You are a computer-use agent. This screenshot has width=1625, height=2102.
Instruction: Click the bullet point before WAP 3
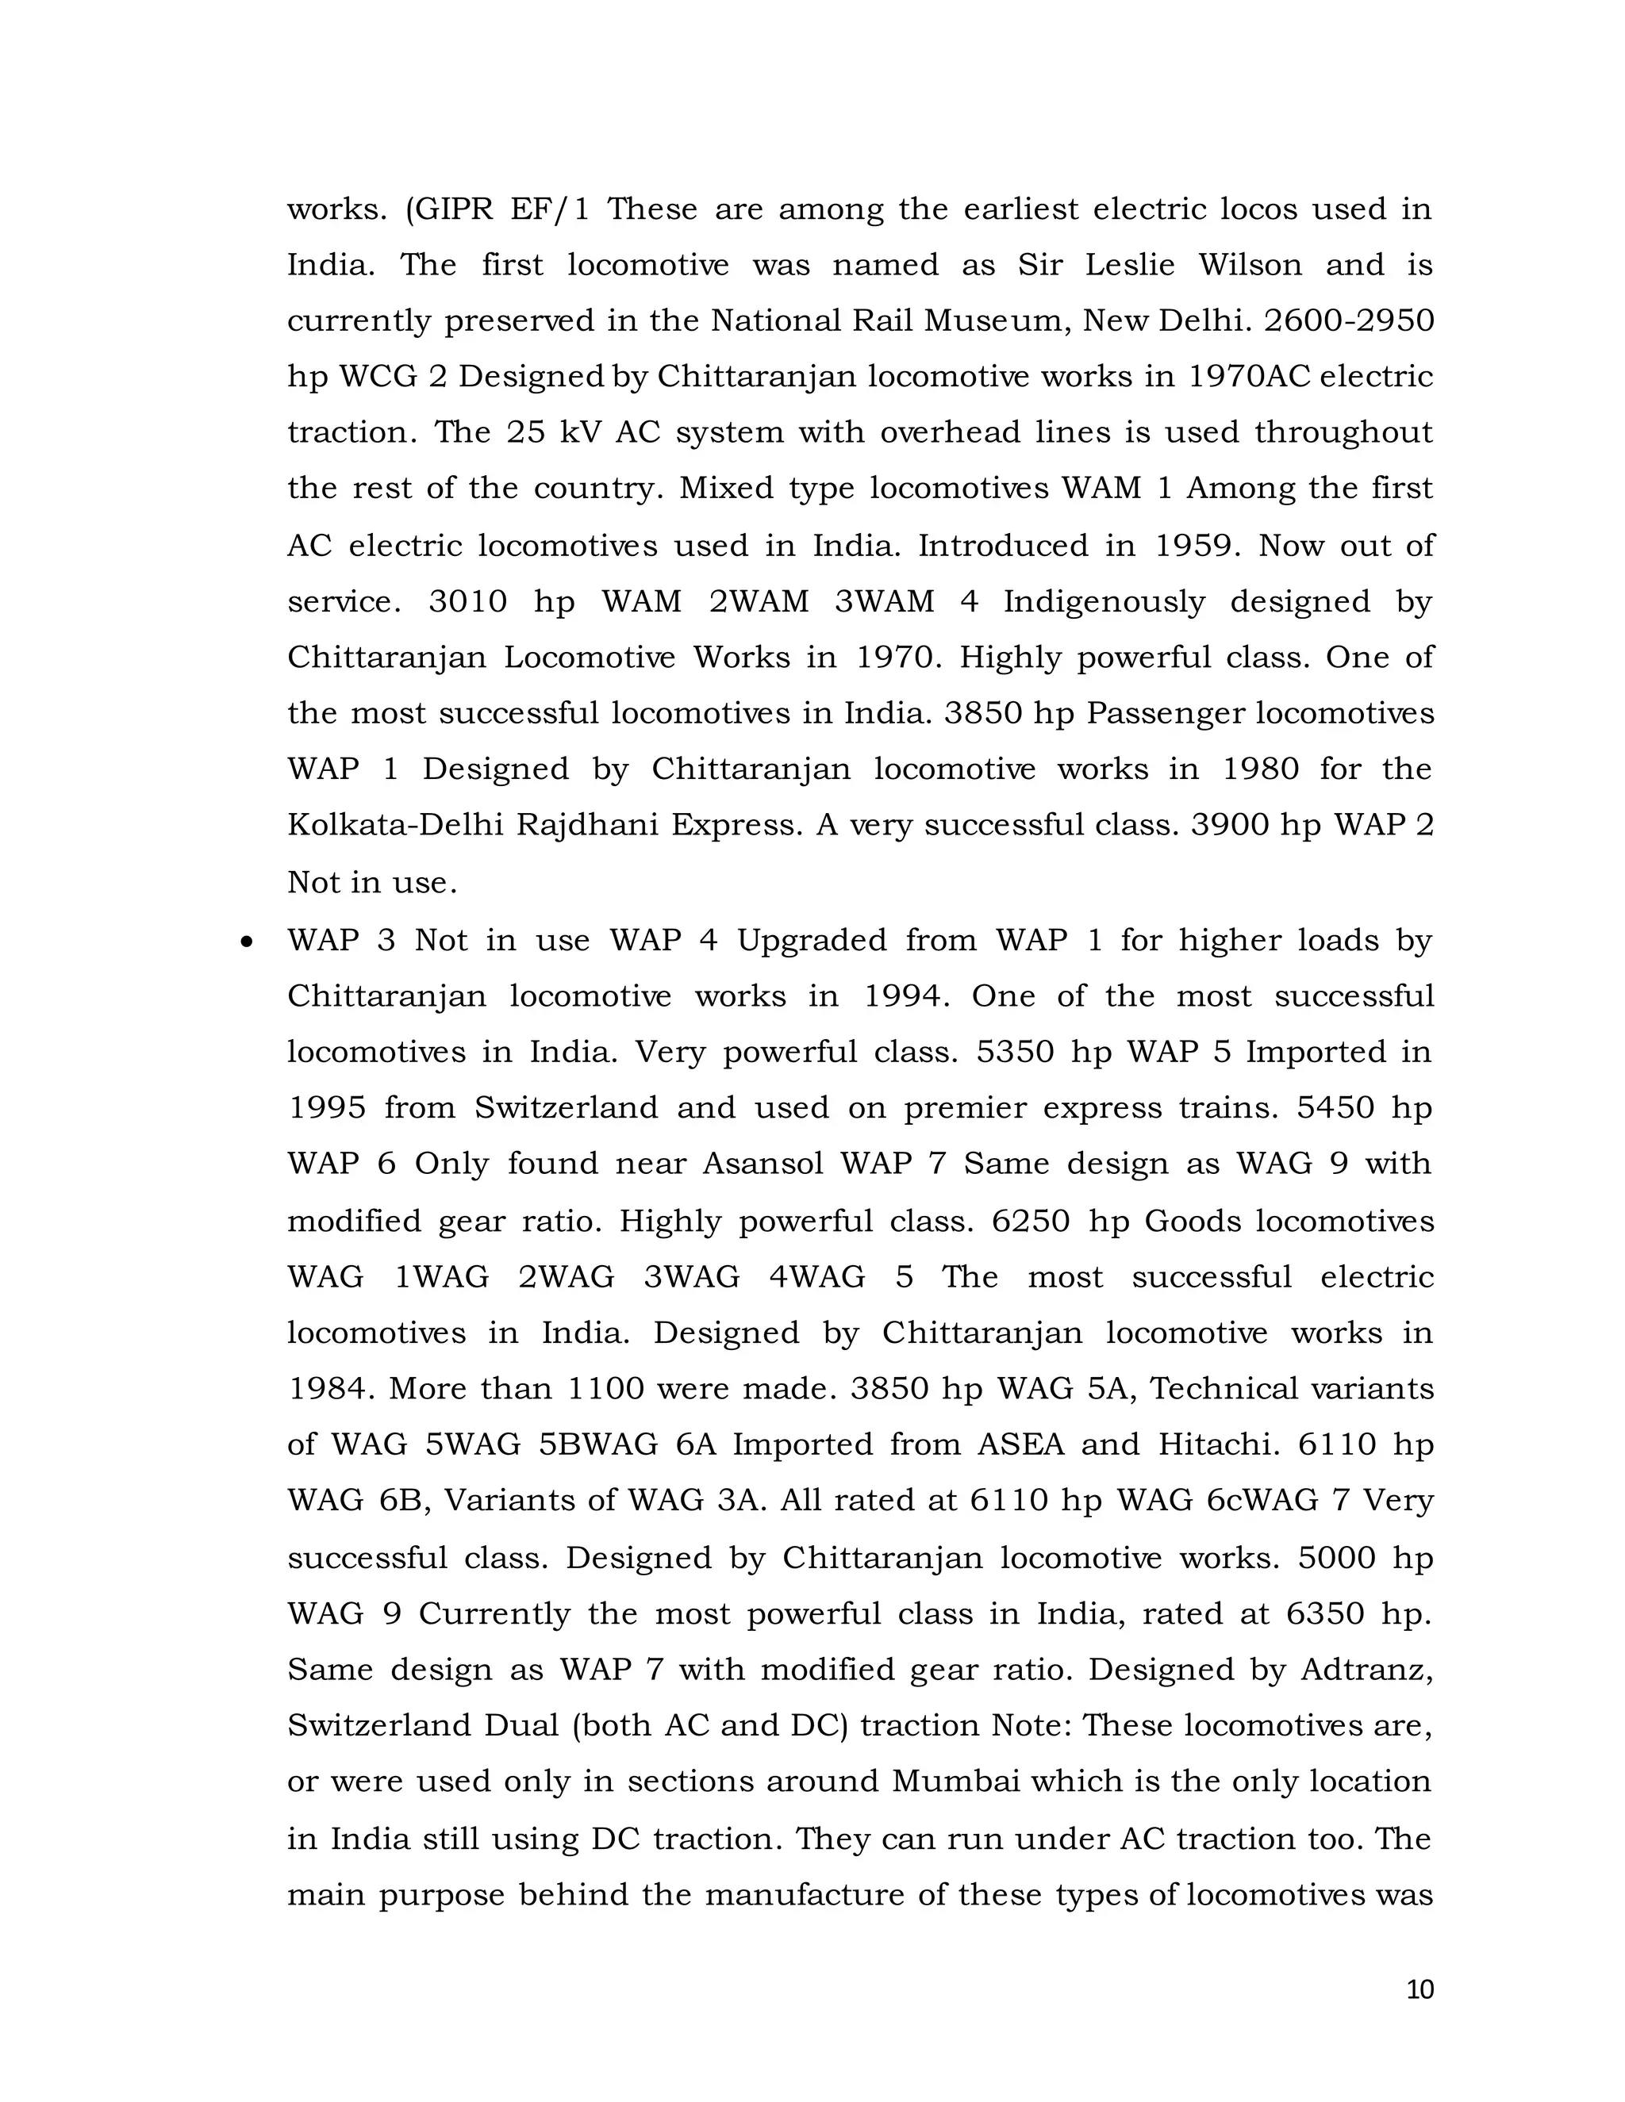pos(248,942)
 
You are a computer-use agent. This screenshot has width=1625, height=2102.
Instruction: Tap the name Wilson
pos(1250,265)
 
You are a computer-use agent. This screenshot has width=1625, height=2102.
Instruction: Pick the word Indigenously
pos(1104,601)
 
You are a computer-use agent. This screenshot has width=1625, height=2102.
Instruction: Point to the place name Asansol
pos(763,1164)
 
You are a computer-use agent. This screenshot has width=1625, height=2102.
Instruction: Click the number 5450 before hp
pos(1335,1108)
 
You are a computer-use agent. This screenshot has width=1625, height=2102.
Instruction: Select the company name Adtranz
pos(1366,1670)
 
